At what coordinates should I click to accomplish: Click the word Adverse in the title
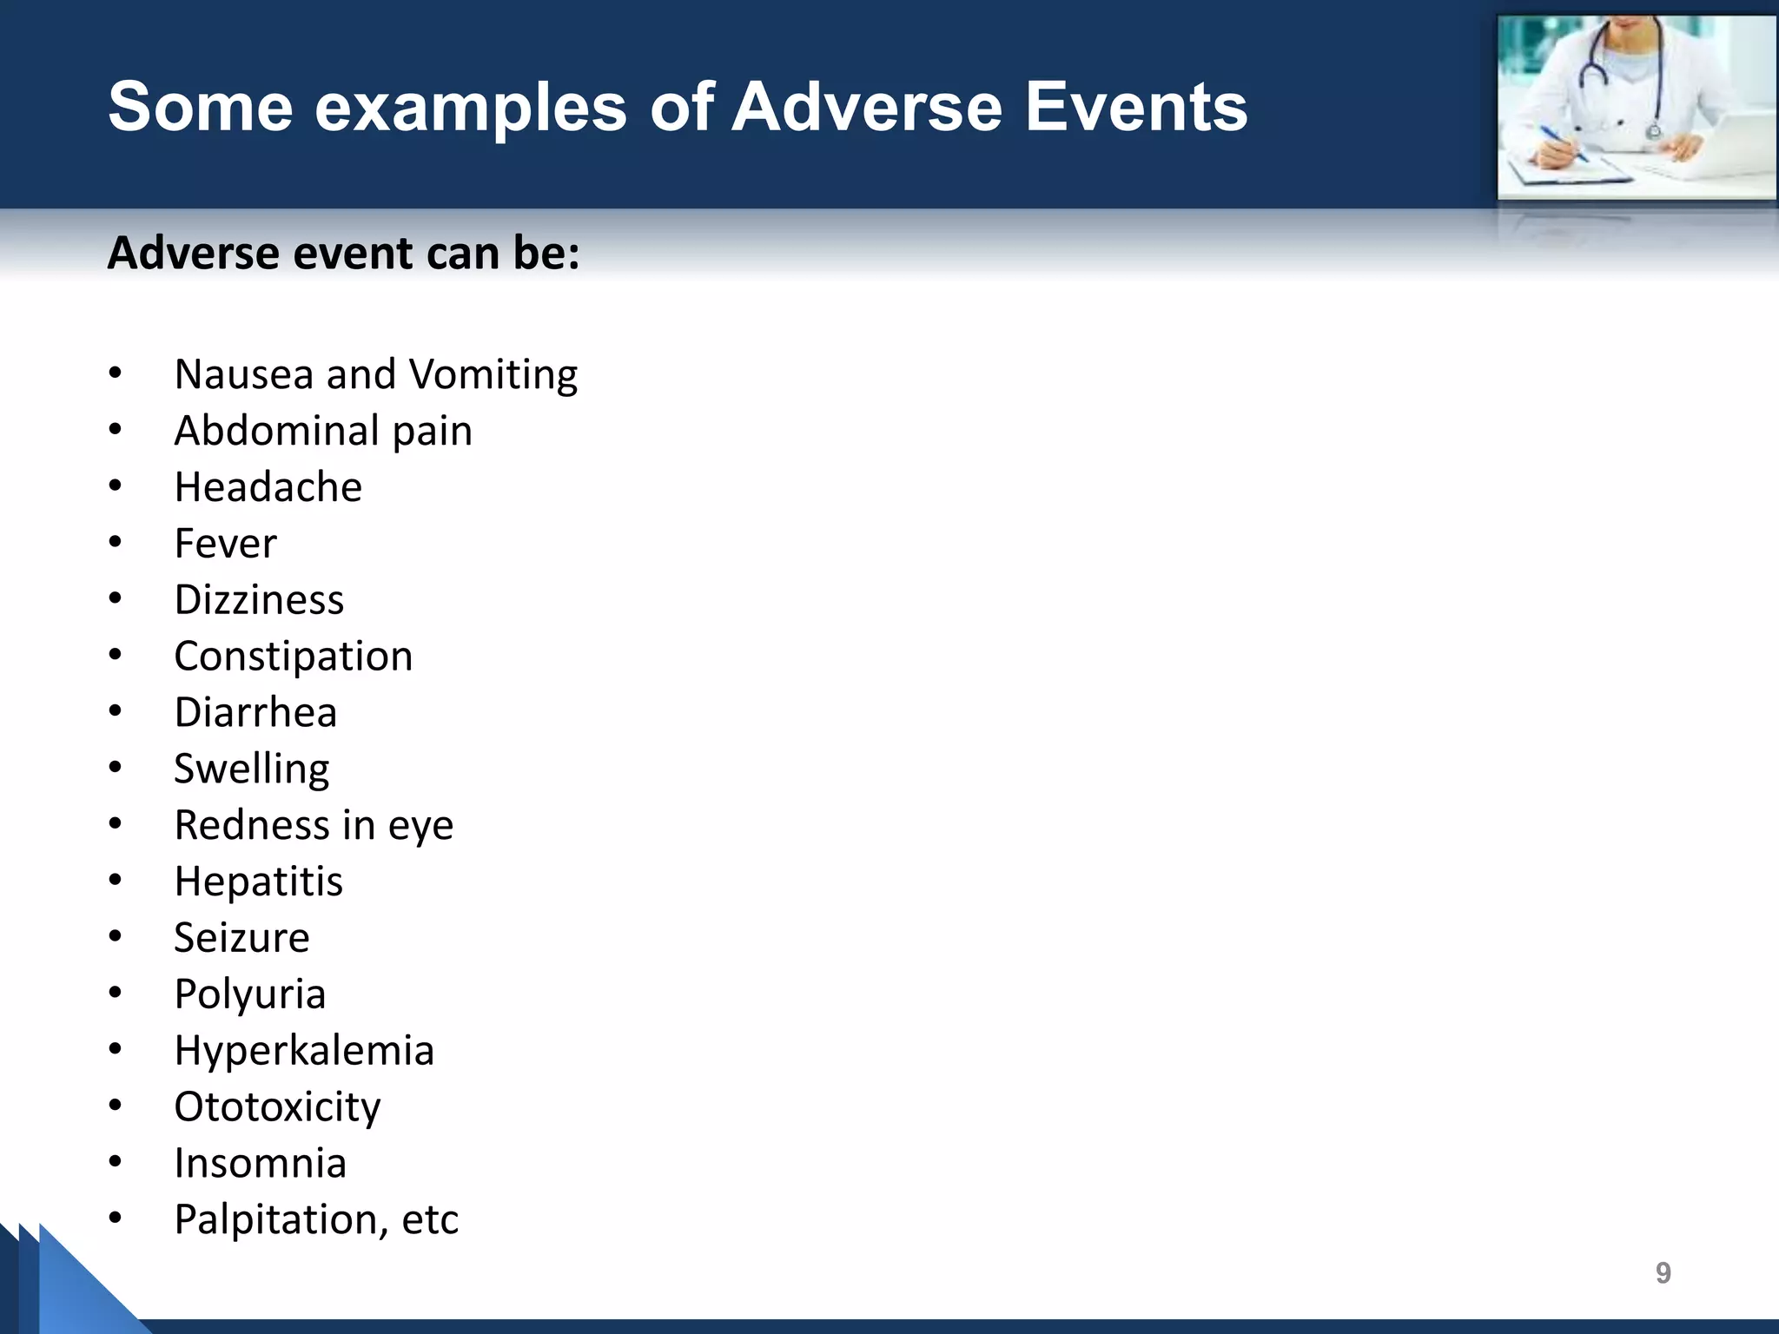tap(867, 107)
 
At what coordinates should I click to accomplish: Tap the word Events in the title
tap(1136, 107)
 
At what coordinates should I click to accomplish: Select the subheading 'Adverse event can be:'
tap(343, 254)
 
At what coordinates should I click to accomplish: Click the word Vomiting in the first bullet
tap(493, 375)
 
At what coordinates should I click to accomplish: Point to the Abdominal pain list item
tap(323, 432)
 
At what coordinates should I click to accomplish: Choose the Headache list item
tap(268, 487)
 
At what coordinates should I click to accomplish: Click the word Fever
tap(225, 544)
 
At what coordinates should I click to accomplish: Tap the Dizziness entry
tap(259, 600)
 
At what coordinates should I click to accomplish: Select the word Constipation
tap(293, 657)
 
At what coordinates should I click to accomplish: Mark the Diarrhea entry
tap(255, 713)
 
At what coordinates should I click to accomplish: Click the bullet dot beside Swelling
tap(116, 768)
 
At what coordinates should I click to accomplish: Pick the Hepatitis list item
tap(258, 882)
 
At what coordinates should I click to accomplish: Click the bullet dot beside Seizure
tap(116, 936)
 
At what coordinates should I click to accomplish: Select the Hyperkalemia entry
tap(303, 1051)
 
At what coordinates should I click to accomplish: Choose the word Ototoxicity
tap(277, 1107)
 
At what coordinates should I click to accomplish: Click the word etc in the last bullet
tap(429, 1220)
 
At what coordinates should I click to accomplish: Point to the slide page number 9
tap(1663, 1273)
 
